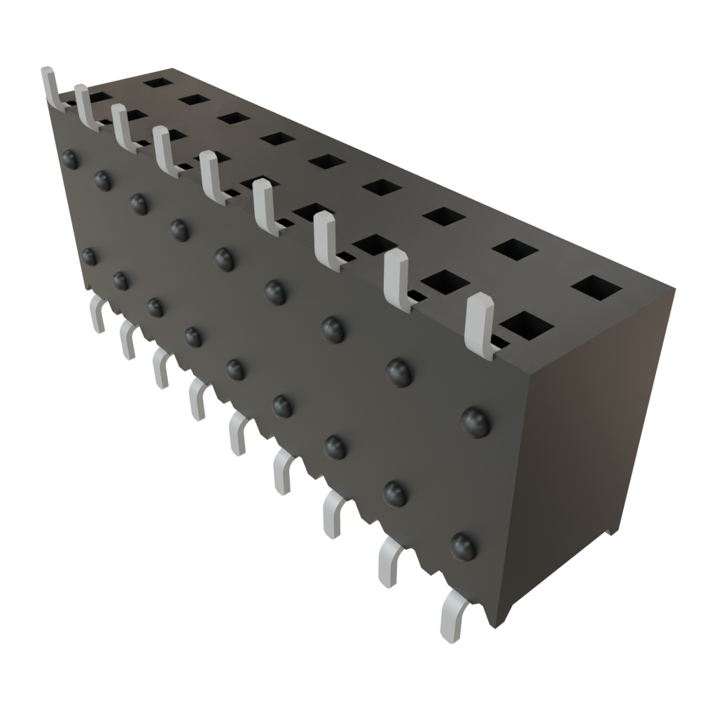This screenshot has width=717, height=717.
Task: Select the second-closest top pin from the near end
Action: click(397, 277)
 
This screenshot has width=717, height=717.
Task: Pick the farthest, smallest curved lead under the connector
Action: click(97, 313)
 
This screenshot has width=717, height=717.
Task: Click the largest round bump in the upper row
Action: click(476, 421)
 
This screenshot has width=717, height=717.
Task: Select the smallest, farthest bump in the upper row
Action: click(69, 159)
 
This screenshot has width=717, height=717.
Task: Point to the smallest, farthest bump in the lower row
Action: click(89, 256)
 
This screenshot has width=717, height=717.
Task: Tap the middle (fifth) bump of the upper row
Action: click(224, 258)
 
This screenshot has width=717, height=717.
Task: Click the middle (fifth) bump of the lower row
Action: click(235, 368)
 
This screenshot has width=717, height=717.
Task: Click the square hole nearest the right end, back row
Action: click(597, 287)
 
